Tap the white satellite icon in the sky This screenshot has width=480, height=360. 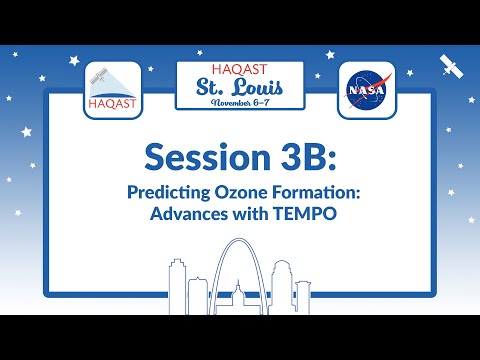[x=450, y=65]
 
